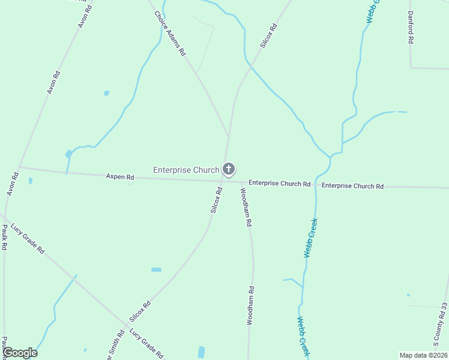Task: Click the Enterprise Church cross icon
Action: [x=228, y=169]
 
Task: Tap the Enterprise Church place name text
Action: [x=186, y=170]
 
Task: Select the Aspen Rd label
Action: [x=120, y=177]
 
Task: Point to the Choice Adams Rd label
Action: [x=170, y=34]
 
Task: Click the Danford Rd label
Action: [x=411, y=27]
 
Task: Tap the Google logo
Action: [x=20, y=353]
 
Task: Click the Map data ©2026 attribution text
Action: [x=423, y=355]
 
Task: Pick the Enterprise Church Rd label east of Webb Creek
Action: [x=352, y=186]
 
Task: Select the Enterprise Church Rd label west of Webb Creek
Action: [x=279, y=182]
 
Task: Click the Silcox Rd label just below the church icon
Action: [x=217, y=200]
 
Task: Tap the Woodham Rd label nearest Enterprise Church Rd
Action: [x=246, y=207]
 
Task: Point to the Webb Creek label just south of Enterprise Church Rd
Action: [x=310, y=238]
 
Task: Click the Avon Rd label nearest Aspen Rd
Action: [x=13, y=185]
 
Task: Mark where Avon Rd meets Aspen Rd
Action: [x=19, y=167]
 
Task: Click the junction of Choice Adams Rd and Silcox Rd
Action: [x=228, y=136]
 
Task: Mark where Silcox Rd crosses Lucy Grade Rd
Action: [x=125, y=329]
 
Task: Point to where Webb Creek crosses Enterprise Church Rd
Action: [x=315, y=185]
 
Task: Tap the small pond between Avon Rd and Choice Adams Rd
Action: [x=107, y=93]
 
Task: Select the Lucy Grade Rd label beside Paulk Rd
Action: [x=28, y=239]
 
